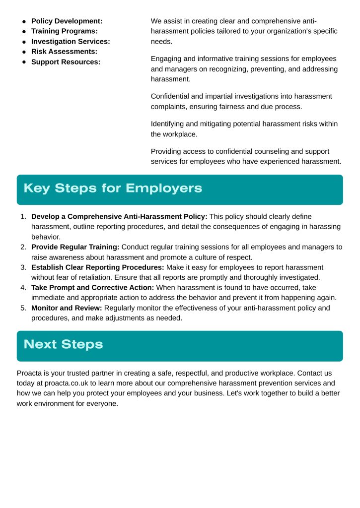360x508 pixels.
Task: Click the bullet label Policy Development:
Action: pos(67,21)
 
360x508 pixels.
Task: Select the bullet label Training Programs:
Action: pos(64,31)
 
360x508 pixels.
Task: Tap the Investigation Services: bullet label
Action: pos(71,42)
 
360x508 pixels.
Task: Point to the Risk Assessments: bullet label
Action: pos(64,52)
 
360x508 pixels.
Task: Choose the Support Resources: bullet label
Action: pos(66,62)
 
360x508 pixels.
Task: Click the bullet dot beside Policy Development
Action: pos(24,21)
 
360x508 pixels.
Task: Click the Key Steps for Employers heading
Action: pos(113,189)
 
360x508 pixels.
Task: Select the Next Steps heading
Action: pos(63,345)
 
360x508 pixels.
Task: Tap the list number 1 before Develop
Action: pos(23,217)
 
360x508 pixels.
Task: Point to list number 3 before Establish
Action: pos(23,267)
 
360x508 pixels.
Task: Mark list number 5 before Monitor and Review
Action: pos(23,308)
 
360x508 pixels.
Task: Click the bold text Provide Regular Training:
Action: pos(75,247)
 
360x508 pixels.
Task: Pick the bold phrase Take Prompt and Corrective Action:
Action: pos(93,288)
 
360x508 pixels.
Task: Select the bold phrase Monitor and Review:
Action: pos(67,308)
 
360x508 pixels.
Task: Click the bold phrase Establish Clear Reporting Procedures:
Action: pos(98,267)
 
